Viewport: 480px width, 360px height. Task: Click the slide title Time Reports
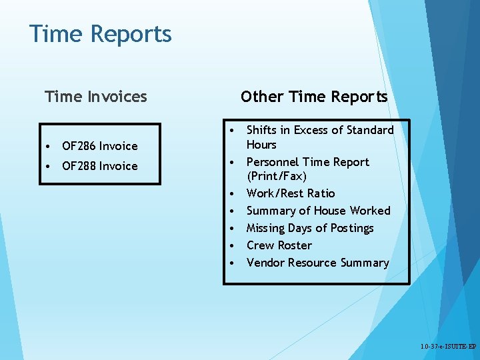pos(100,33)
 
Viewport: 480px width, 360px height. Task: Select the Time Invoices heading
pos(95,97)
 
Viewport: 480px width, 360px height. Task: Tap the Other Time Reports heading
pos(313,97)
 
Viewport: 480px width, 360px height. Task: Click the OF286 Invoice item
pos(99,146)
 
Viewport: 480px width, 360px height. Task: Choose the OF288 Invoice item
pos(99,166)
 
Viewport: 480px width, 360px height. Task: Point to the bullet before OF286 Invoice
pos(50,146)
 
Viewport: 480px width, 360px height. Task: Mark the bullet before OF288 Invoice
pos(50,166)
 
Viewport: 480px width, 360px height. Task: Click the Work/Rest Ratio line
pos(291,193)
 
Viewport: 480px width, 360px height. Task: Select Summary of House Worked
pos(318,211)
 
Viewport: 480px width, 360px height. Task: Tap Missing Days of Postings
pos(310,228)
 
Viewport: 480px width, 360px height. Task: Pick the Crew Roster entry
pos(279,245)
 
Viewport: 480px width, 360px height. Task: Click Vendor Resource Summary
pos(317,263)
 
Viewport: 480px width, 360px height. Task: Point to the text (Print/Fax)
pos(276,177)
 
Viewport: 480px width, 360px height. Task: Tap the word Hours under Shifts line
pos(261,145)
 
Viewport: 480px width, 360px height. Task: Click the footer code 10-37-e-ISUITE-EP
pos(448,347)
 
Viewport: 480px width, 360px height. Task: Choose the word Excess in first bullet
pos(309,130)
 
